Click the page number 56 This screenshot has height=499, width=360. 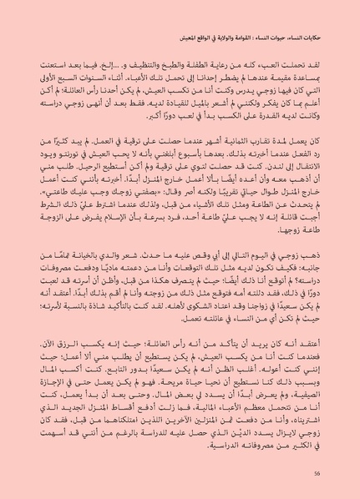tap(317, 473)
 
